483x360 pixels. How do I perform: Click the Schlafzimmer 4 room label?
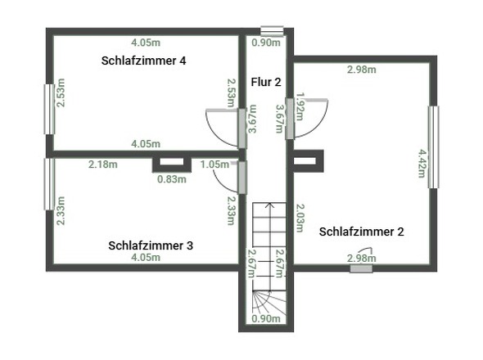(x=143, y=61)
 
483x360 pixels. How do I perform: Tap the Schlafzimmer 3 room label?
(x=151, y=245)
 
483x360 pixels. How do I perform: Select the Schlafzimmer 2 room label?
(x=361, y=232)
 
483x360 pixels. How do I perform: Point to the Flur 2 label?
(x=266, y=82)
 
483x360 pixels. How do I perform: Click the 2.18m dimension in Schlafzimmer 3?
(x=103, y=164)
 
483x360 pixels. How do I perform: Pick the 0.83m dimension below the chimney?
(x=172, y=179)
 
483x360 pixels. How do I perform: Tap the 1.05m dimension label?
(x=214, y=164)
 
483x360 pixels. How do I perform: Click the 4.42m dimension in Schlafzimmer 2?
(x=422, y=164)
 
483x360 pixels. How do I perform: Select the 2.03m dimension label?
(x=300, y=218)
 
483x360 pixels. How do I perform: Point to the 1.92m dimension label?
(x=300, y=106)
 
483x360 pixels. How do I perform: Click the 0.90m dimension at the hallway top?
(x=266, y=43)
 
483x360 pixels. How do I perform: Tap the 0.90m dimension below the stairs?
(x=266, y=319)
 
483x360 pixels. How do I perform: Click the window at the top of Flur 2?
(x=272, y=31)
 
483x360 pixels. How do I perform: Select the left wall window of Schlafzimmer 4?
(x=49, y=110)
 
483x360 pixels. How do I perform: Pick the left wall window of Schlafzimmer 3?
(x=49, y=184)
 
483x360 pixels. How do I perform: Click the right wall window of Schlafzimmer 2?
(x=434, y=147)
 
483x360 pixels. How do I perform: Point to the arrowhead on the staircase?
(x=270, y=205)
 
